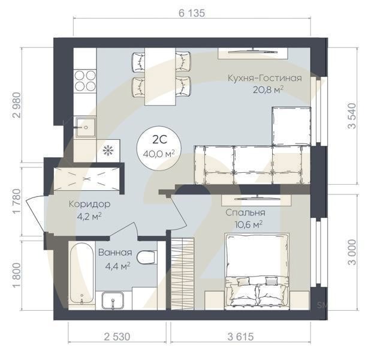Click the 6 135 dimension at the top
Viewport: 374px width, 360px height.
point(192,14)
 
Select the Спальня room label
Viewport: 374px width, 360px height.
point(245,212)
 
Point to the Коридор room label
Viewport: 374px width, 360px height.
point(89,204)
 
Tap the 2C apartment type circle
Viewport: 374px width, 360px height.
point(159,146)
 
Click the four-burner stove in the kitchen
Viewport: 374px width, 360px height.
point(85,80)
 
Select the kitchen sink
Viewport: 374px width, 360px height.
point(85,126)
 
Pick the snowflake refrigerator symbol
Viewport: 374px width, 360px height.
point(108,149)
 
